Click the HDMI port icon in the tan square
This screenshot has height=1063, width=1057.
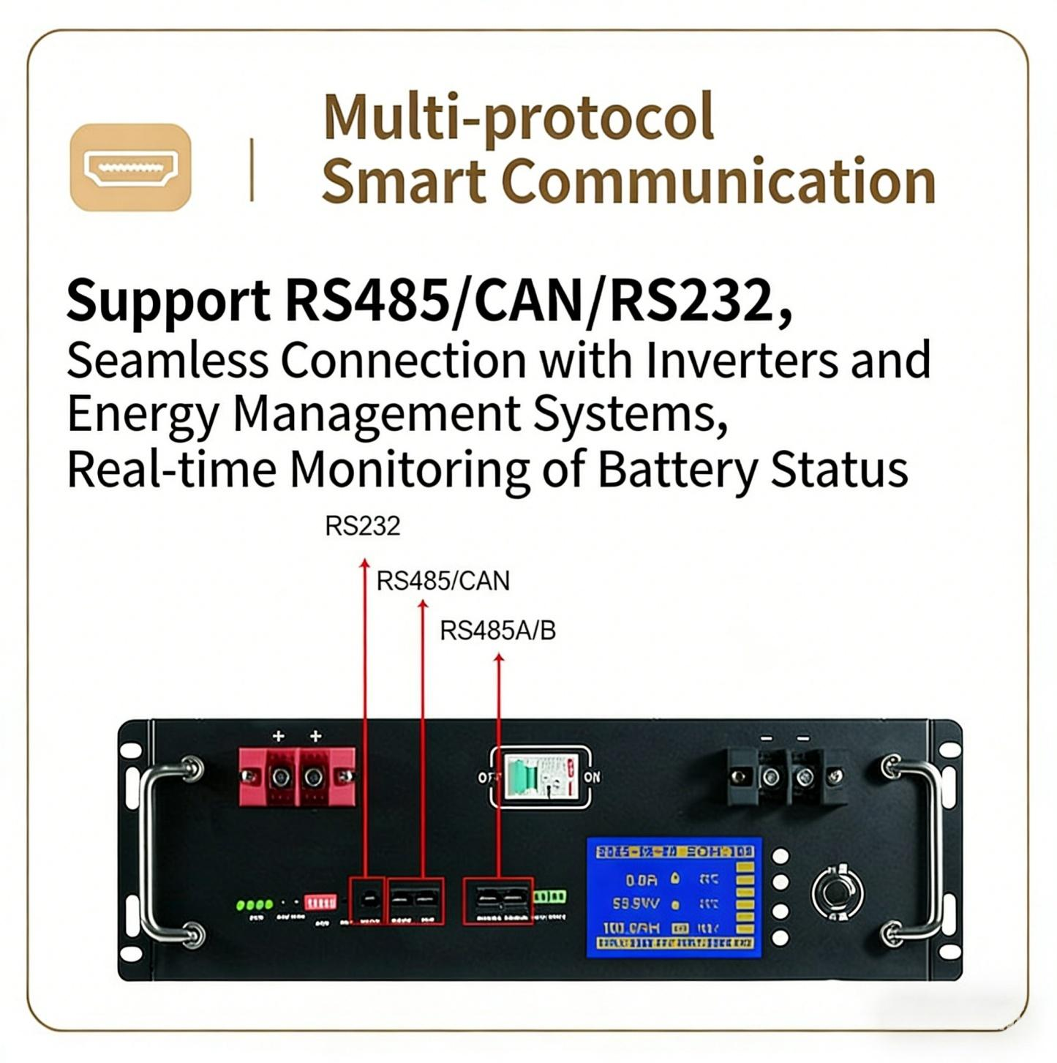[131, 168]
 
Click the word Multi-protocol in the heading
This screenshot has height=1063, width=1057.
[518, 117]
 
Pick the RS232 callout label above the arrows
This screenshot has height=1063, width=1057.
[362, 526]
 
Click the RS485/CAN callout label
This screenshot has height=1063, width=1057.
[443, 581]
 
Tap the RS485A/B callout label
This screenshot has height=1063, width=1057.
[497, 631]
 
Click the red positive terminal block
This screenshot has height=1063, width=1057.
[297, 776]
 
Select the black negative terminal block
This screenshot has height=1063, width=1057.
[787, 776]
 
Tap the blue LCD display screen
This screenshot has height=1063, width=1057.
[674, 897]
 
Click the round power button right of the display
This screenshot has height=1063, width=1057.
[837, 893]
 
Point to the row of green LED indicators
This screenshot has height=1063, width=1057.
[255, 905]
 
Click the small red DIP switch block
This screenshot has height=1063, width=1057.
[320, 902]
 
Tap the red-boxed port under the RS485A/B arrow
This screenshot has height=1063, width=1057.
[498, 901]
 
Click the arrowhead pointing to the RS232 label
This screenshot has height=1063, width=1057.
[364, 563]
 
